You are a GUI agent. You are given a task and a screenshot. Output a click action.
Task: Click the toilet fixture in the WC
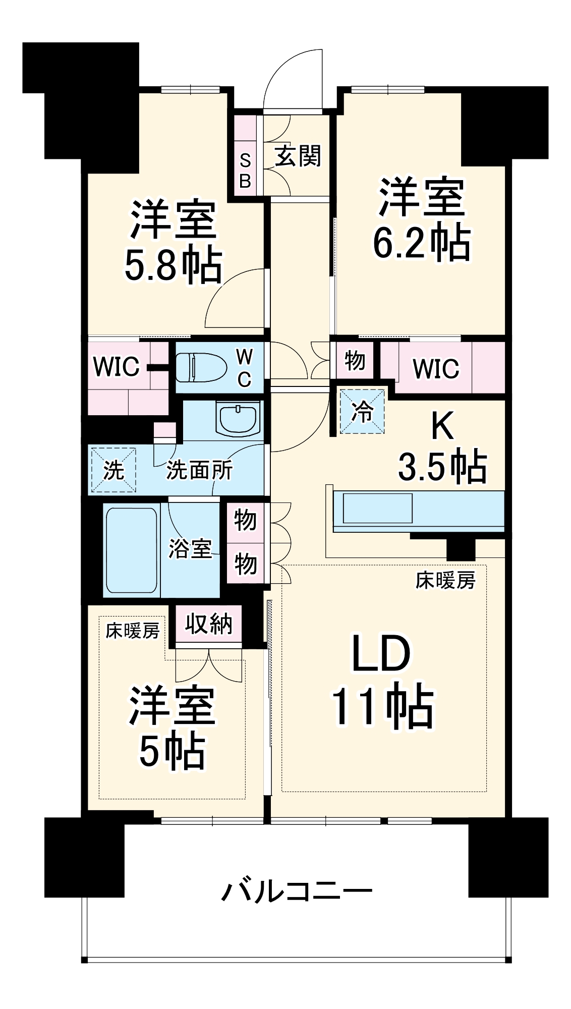pos(201,368)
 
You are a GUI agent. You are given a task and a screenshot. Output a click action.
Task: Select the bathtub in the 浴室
pos(131,550)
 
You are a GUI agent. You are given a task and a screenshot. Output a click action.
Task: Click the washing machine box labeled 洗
pos(113,470)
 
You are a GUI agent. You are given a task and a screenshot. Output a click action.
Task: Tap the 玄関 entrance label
pos(298,156)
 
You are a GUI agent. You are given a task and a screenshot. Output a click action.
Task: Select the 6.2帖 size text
pos(421,243)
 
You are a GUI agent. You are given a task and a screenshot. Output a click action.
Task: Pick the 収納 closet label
pos(208,625)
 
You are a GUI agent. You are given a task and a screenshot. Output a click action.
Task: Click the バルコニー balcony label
pos(297,892)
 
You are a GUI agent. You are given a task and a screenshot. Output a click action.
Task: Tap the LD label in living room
pos(381,654)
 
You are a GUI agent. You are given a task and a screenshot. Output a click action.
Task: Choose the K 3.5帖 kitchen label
pos(442,446)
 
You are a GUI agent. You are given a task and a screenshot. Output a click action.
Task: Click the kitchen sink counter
pos(378,508)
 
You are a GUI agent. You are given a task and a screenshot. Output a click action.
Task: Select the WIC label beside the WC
pos(116,367)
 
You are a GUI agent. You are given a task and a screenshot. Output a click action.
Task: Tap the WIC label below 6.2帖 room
pos(436,369)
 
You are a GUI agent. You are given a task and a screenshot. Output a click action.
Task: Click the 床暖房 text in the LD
pos(445,581)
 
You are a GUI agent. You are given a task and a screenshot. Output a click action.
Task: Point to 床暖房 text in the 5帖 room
pos(133,631)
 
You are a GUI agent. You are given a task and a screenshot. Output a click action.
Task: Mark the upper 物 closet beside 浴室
pos(245,520)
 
